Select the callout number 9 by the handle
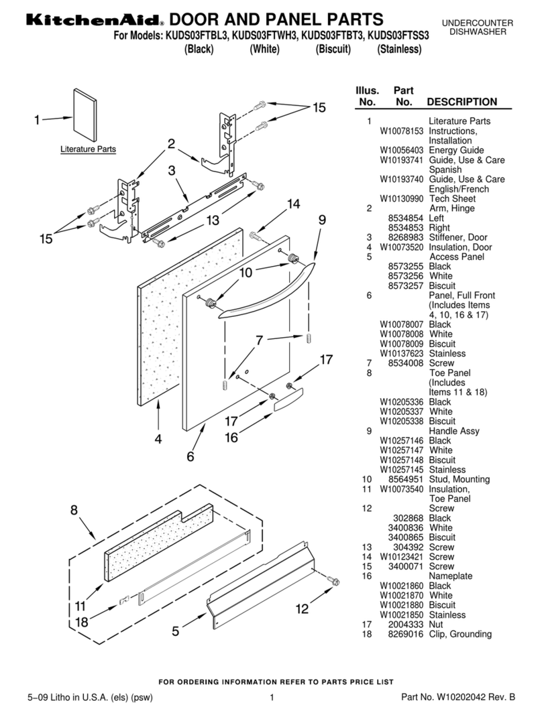323,219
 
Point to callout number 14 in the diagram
293,204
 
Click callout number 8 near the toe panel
74,511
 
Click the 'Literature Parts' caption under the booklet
88,149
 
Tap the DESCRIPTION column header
462,102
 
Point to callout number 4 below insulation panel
158,440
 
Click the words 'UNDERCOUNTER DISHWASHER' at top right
478,27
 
